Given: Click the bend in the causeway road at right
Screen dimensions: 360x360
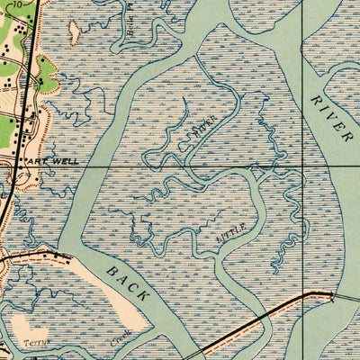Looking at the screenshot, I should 314,293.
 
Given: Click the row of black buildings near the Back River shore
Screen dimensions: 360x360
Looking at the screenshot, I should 58,257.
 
